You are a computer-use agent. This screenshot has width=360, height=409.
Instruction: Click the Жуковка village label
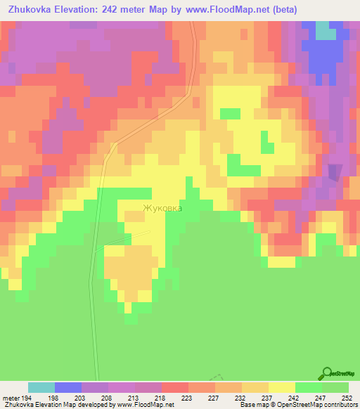[162, 208]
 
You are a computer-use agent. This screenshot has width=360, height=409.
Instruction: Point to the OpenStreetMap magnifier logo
[327, 373]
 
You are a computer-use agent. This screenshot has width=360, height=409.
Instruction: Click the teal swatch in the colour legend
[41, 387]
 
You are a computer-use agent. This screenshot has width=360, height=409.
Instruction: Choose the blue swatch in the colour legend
[68, 387]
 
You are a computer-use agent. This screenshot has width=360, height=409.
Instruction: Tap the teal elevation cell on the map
[326, 30]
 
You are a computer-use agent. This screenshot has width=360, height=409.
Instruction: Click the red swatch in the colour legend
[175, 387]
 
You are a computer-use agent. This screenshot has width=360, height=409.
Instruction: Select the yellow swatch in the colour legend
[282, 387]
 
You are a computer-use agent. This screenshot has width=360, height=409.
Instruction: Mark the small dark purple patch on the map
[335, 171]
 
